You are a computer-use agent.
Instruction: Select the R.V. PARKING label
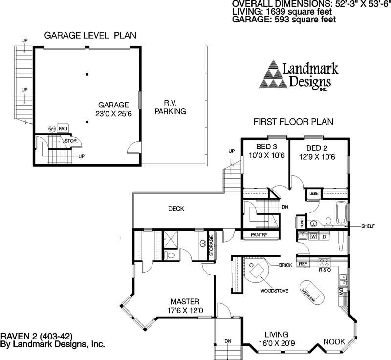coord(170,107)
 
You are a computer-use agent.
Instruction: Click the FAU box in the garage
coord(63,128)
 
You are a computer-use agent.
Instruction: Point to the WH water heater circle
coord(52,129)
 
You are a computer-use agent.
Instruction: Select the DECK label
coord(176,209)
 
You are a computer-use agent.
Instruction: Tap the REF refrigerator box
coord(303,264)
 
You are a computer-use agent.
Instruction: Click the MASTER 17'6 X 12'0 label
coord(184,306)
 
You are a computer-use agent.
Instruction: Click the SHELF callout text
coord(368,226)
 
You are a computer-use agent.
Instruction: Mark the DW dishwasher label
coord(341,291)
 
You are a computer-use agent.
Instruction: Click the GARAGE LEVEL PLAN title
coord(90,35)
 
